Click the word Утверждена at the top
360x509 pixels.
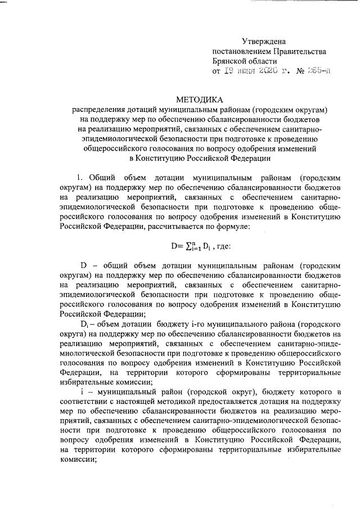tap(263, 41)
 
